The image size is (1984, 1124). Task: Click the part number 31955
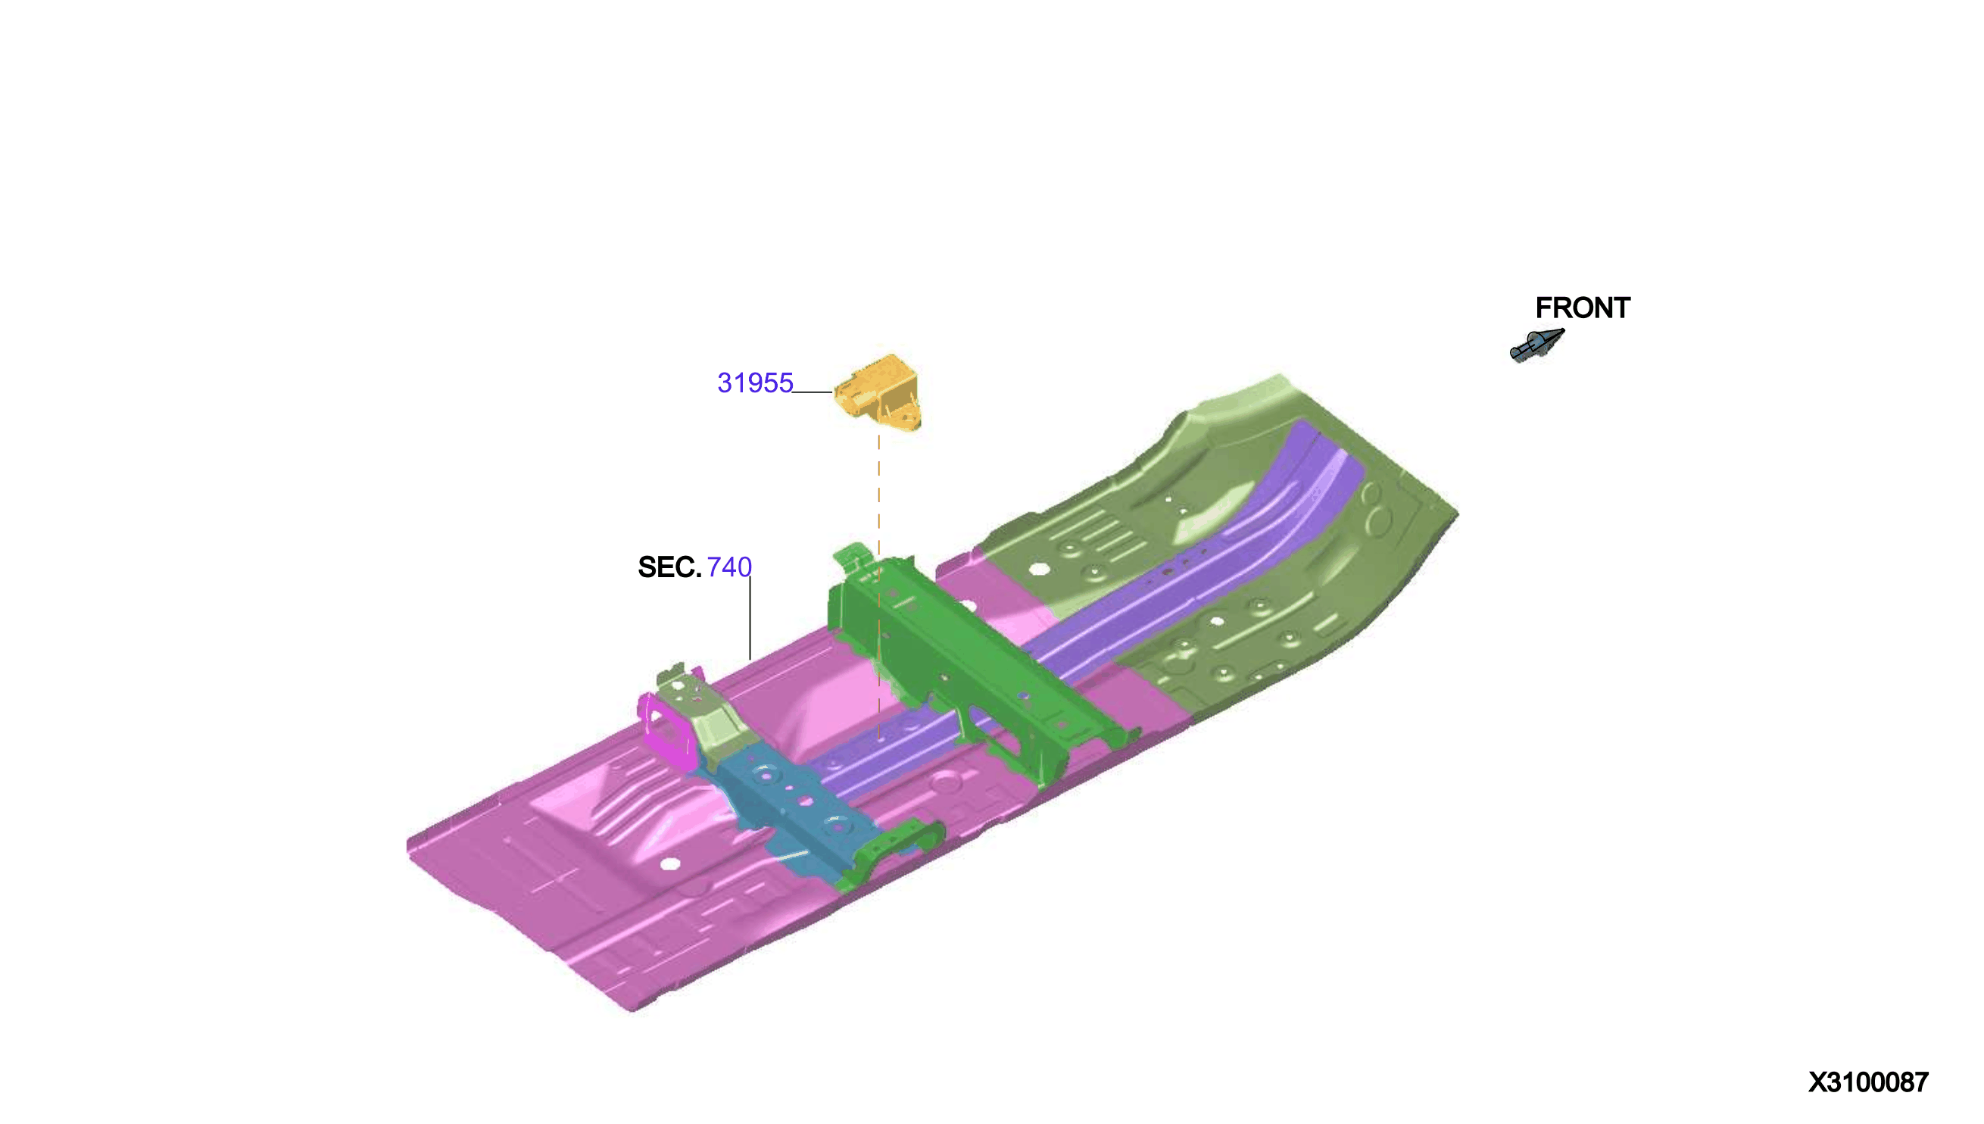(755, 383)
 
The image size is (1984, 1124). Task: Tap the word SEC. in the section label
(669, 567)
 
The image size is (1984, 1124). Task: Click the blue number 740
(728, 567)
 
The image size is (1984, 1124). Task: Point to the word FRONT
(1582, 308)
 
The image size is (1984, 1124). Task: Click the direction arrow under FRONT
(1536, 345)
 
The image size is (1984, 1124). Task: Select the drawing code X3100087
(1868, 1082)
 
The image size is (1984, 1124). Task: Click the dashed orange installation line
(878, 587)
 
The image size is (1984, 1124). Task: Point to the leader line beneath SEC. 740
(750, 617)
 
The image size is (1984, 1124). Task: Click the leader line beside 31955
(813, 392)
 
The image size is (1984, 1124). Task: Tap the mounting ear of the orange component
(903, 415)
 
